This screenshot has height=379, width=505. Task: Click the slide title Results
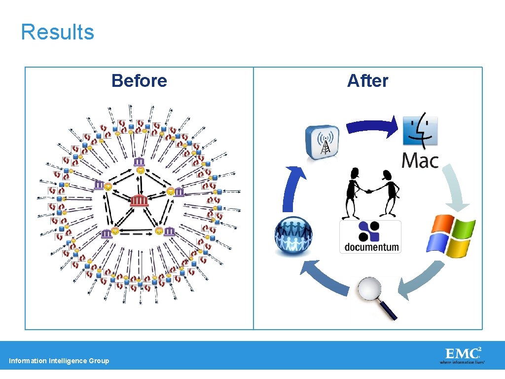click(x=57, y=32)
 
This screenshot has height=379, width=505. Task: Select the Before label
click(x=139, y=80)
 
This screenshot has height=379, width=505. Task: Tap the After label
click(x=367, y=80)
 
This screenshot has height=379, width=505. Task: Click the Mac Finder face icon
click(x=420, y=131)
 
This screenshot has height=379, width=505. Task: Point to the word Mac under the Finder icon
click(x=420, y=160)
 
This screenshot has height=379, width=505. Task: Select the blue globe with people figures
click(x=293, y=236)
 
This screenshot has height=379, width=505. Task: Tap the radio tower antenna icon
click(x=323, y=143)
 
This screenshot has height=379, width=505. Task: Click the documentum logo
click(x=370, y=237)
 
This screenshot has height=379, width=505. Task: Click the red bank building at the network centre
click(x=139, y=200)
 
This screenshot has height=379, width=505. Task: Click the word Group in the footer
click(x=99, y=361)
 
